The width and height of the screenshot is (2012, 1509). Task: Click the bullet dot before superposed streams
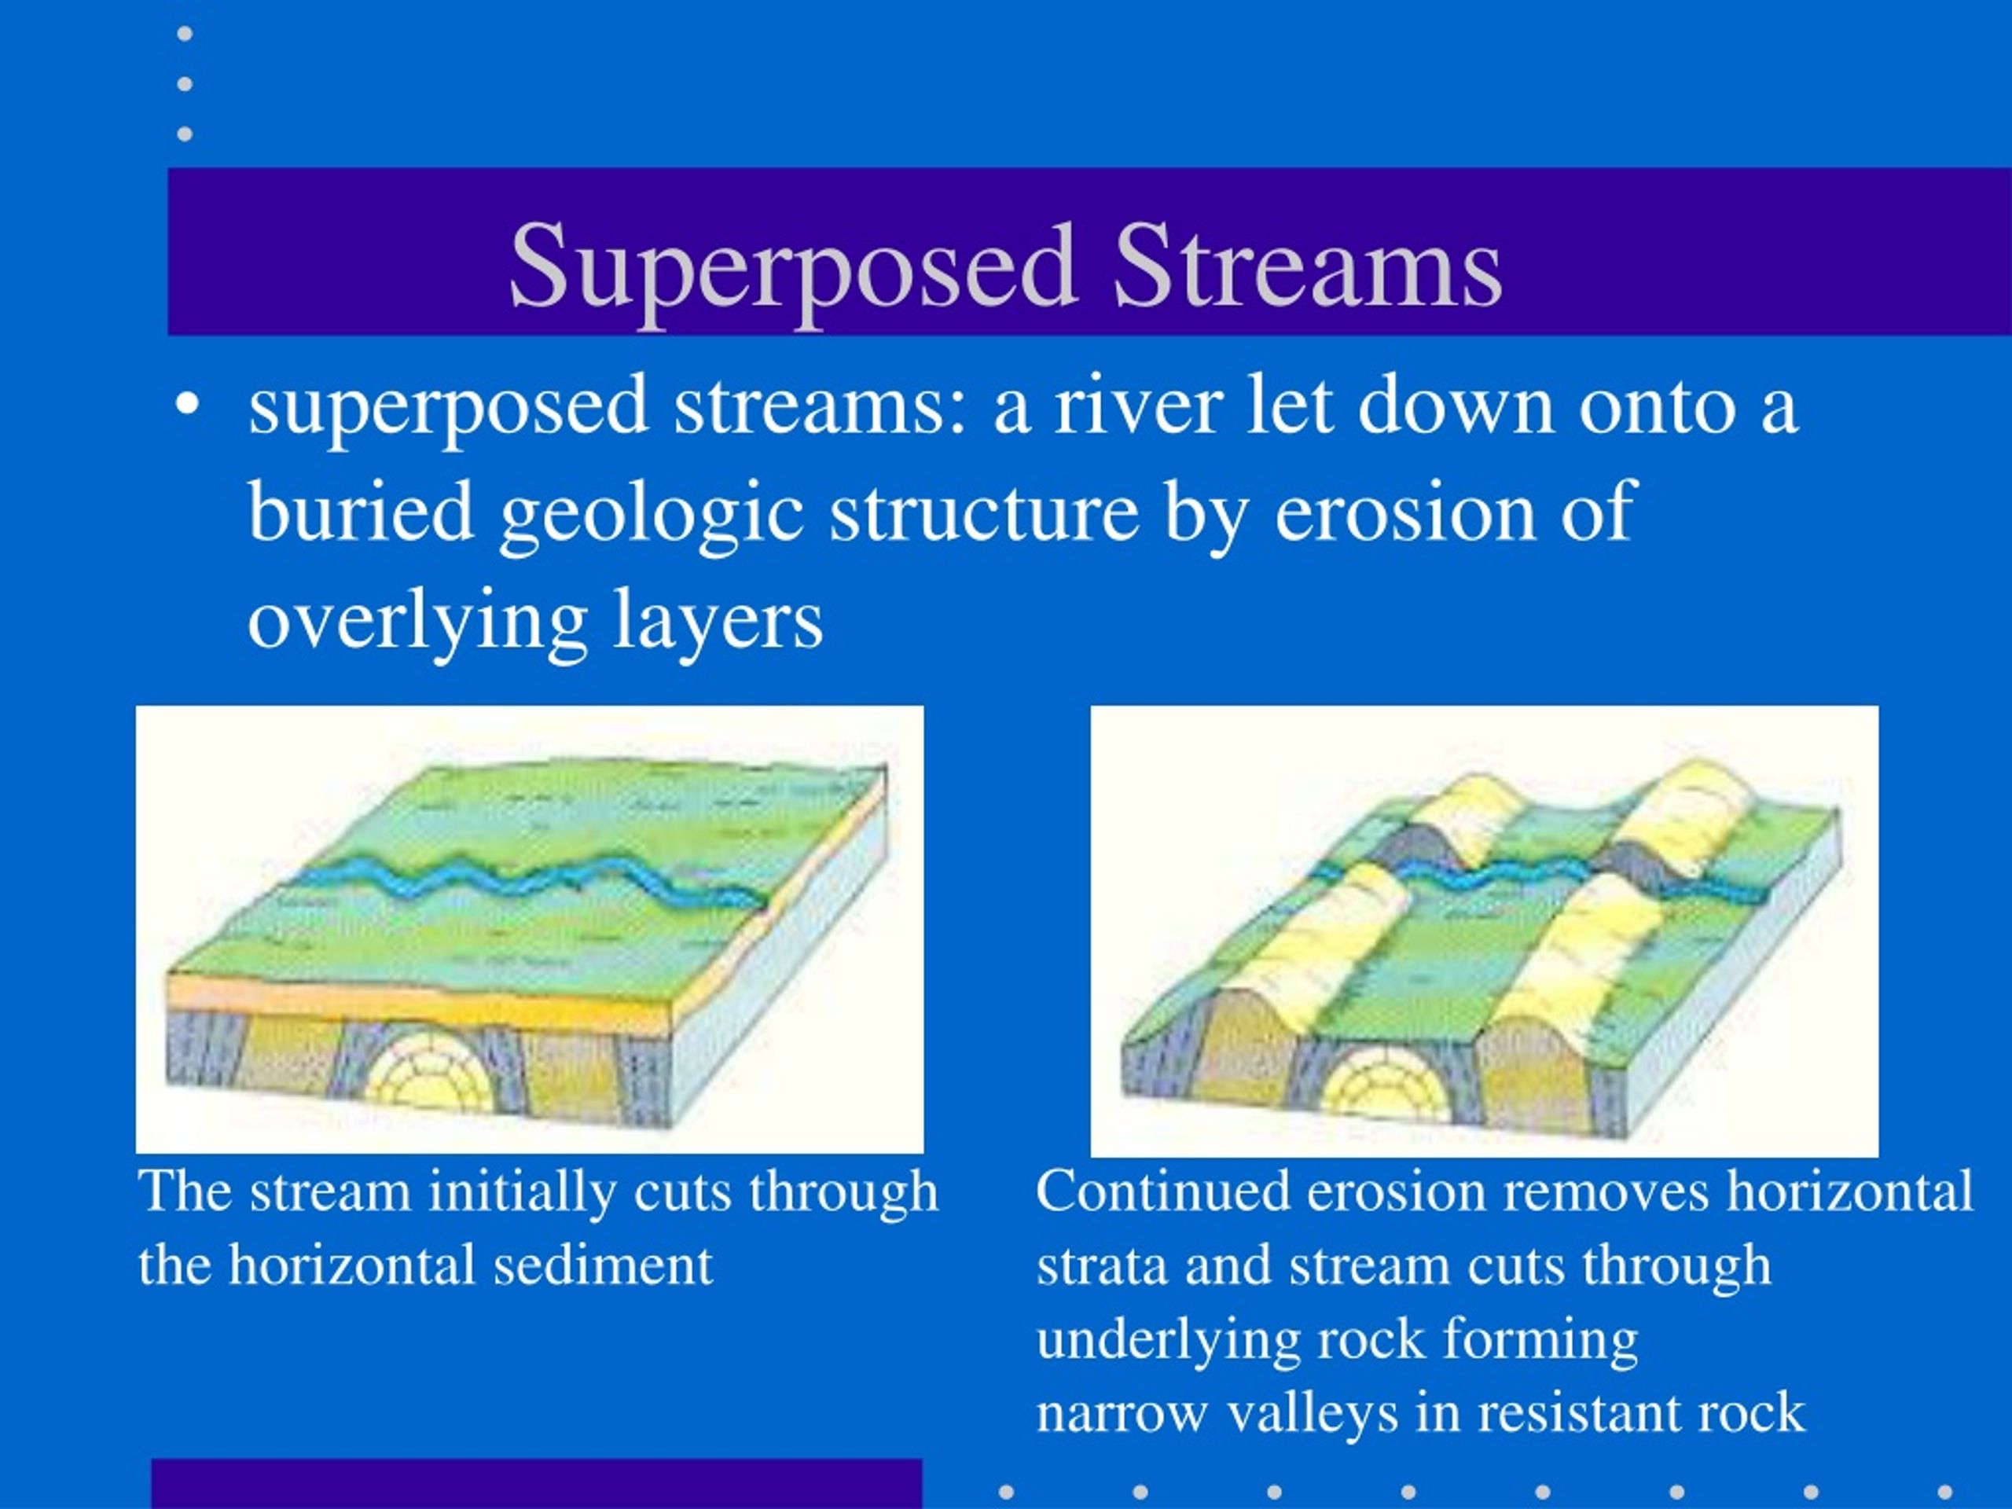coord(186,406)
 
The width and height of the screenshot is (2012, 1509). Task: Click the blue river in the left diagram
coord(532,878)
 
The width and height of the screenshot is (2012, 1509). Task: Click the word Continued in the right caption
coord(1162,1191)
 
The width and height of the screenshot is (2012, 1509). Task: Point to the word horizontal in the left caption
coord(351,1265)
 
